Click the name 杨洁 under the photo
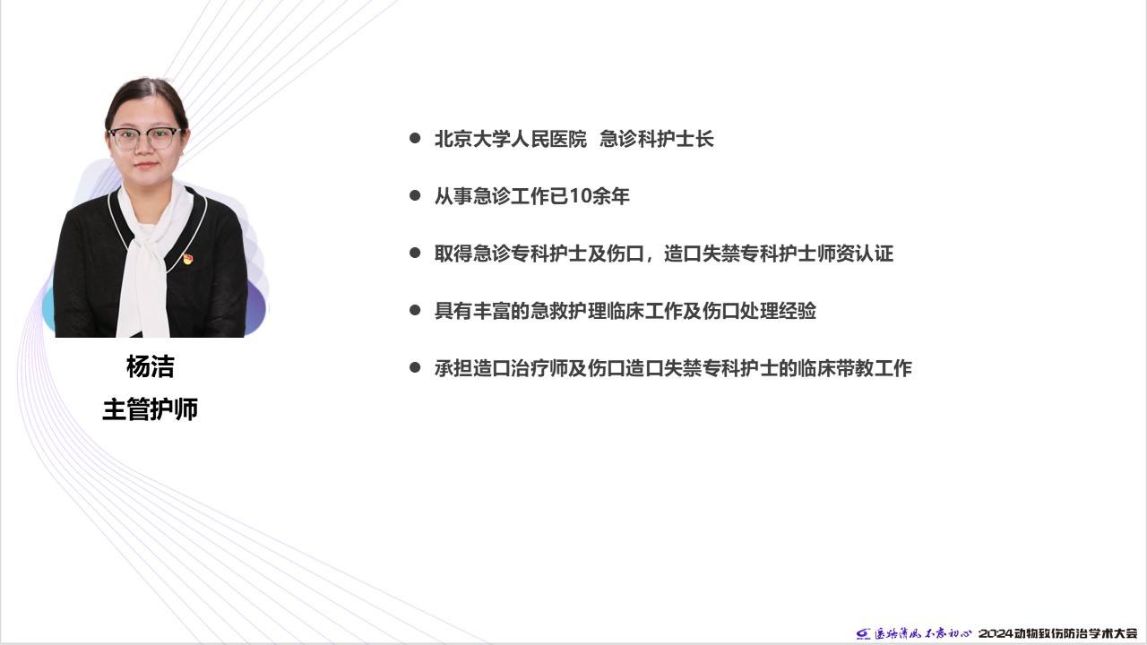coord(150,366)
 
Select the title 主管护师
coord(150,409)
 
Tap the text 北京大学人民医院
coord(511,139)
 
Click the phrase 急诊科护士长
coord(657,139)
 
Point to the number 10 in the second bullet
coord(580,196)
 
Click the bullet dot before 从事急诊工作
coord(415,195)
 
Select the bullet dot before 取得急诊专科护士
coord(415,253)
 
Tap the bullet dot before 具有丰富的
coord(415,310)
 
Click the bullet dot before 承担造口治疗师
coord(415,367)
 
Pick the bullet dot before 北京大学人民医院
coord(415,138)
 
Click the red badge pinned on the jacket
coord(188,259)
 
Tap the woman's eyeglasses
coord(145,138)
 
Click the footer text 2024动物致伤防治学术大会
coord(1058,633)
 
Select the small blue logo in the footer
coord(863,633)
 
